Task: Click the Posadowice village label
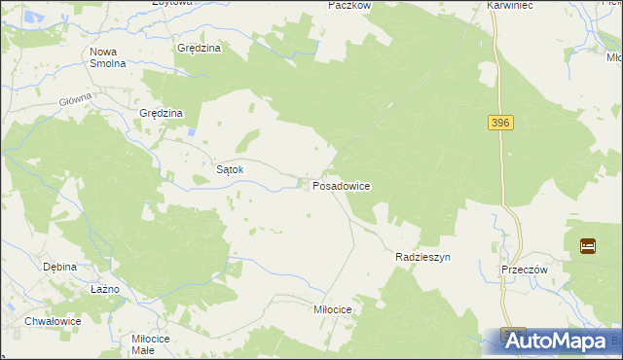pyautogui.click(x=341, y=185)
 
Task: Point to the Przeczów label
pyautogui.click(x=526, y=270)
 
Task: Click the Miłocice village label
pyautogui.click(x=331, y=308)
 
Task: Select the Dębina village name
pyautogui.click(x=59, y=266)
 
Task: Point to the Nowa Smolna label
pyautogui.click(x=108, y=57)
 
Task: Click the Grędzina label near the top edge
pyautogui.click(x=200, y=48)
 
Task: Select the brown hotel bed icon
pyautogui.click(x=588, y=246)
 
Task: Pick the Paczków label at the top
pyautogui.click(x=350, y=5)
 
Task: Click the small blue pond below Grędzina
pyautogui.click(x=192, y=130)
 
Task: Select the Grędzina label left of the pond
pyautogui.click(x=162, y=114)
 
